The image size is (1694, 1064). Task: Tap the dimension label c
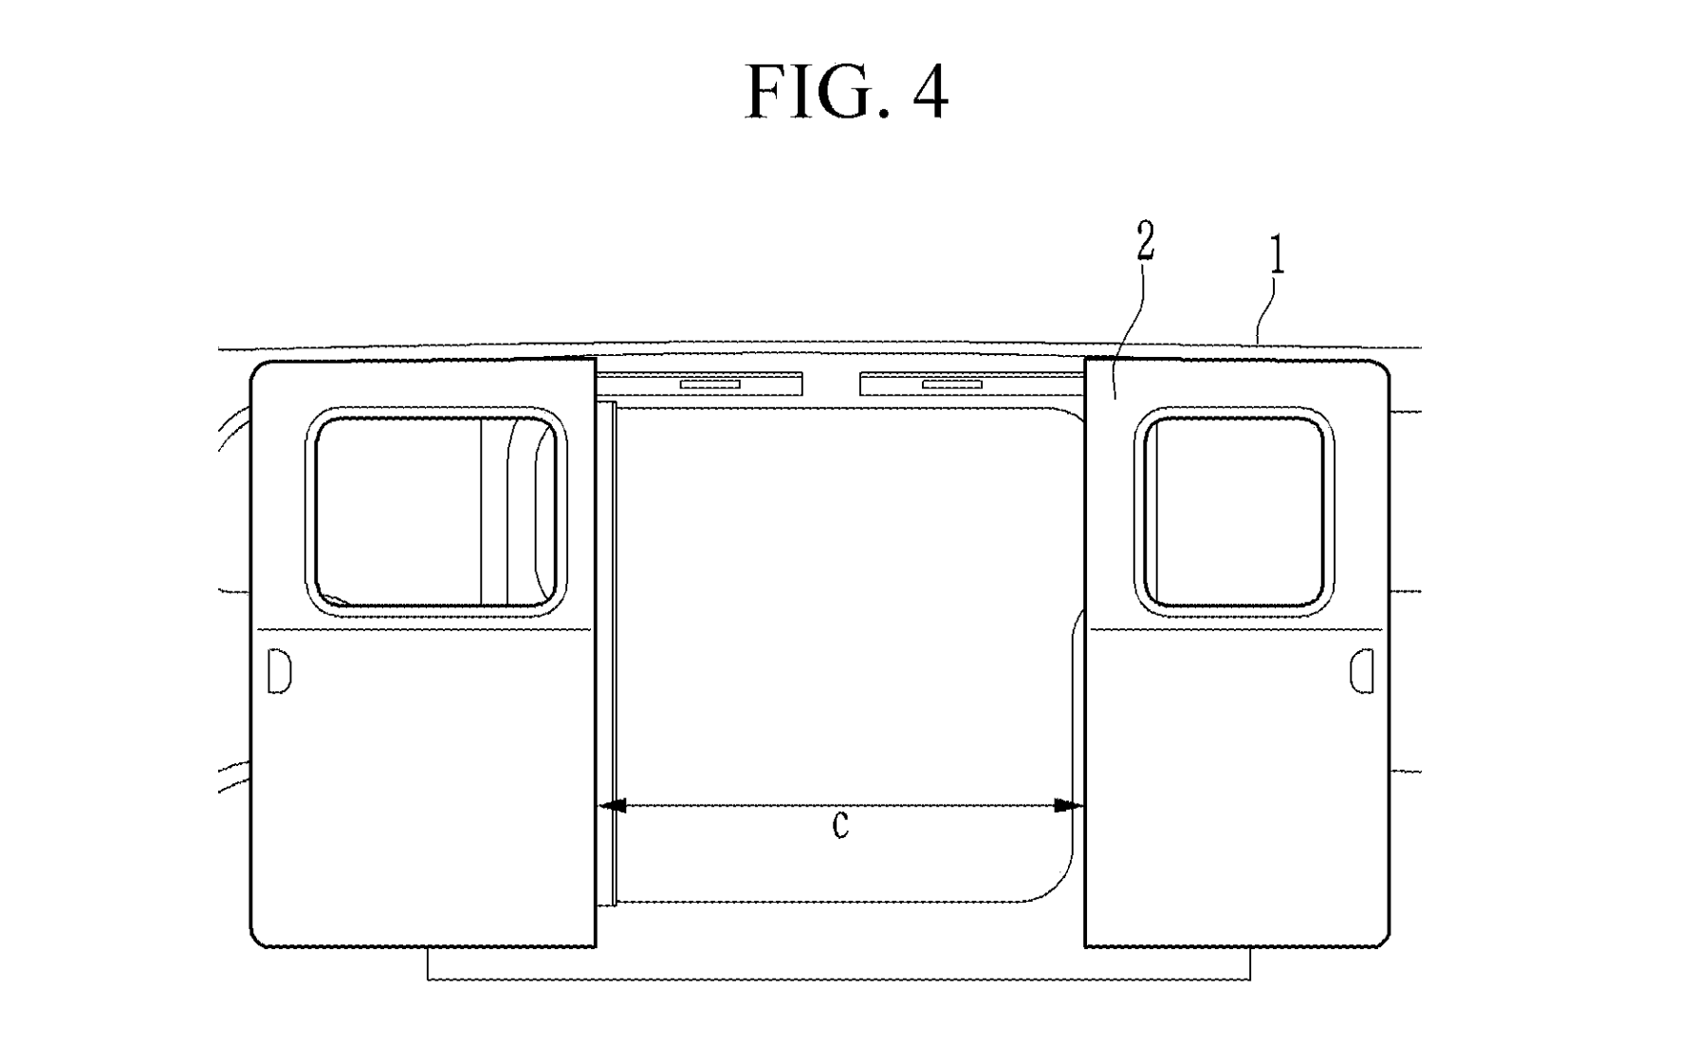[840, 825]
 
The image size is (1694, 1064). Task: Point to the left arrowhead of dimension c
[614, 806]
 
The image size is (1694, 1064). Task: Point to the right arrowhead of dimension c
[1070, 806]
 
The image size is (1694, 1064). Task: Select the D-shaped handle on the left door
[279, 671]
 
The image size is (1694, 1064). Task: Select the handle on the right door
[1361, 670]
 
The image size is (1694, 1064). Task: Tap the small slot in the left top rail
[709, 383]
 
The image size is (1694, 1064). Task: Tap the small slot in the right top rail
[952, 383]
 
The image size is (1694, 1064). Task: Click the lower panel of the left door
[423, 787]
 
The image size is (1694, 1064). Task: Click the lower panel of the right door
[1237, 787]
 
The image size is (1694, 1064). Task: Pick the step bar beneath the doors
[838, 963]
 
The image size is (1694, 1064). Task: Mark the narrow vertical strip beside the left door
[607, 653]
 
